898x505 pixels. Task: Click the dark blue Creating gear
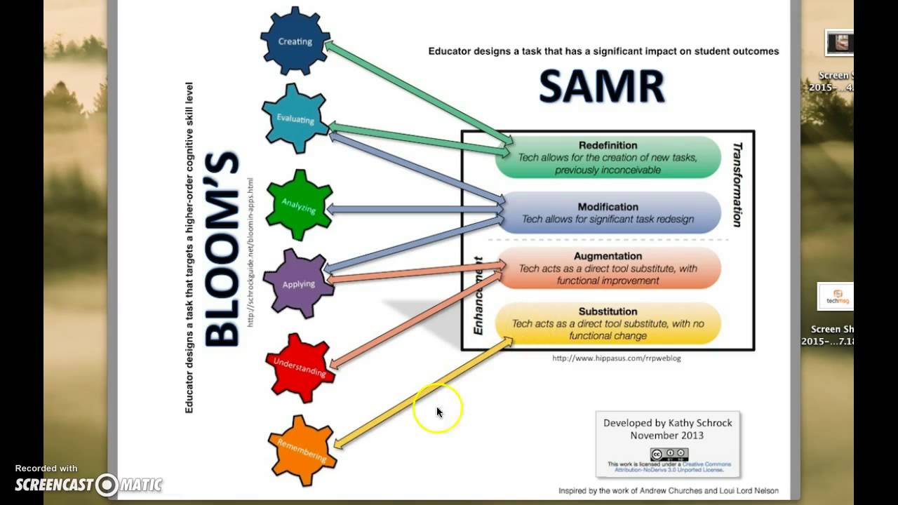(x=295, y=41)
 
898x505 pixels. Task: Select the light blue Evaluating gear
(x=295, y=118)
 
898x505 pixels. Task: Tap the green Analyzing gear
(x=299, y=206)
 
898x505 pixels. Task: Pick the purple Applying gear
(x=298, y=283)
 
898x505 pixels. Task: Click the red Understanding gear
(x=300, y=368)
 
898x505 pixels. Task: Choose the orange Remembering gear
(x=302, y=450)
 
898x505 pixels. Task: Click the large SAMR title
(x=602, y=88)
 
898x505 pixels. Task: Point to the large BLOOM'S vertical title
(x=222, y=249)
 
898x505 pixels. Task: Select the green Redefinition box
(x=608, y=157)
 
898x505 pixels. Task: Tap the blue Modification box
(x=608, y=213)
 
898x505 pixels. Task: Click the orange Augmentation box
(x=608, y=268)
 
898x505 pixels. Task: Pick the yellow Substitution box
(x=608, y=323)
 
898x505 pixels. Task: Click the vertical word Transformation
(x=737, y=184)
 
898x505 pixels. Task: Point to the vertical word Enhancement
(x=478, y=295)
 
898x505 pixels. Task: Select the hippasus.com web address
(x=616, y=358)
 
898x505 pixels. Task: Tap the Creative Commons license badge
(x=669, y=454)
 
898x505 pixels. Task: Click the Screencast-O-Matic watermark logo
(x=88, y=484)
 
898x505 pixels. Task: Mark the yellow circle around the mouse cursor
(x=438, y=408)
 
